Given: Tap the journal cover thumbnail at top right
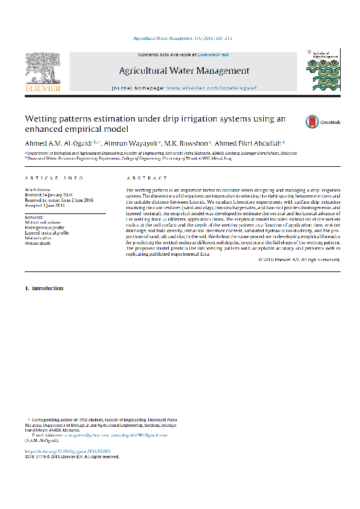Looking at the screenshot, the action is click(322, 71).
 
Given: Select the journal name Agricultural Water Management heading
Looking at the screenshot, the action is click(184, 71).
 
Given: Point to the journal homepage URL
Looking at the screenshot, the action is click(211, 88).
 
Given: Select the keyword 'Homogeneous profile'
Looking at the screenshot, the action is click(49, 227).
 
